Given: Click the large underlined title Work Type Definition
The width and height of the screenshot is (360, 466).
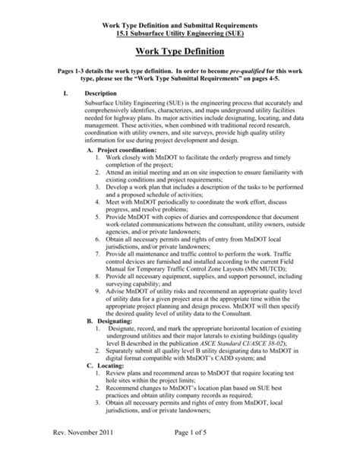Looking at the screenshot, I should coord(179,52).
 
